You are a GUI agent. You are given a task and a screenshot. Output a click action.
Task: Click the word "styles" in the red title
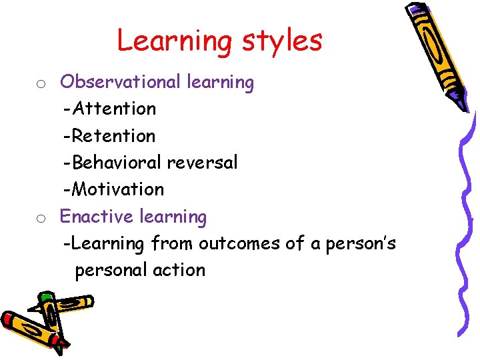tap(282, 41)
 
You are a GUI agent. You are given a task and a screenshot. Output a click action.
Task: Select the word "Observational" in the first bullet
tap(121, 82)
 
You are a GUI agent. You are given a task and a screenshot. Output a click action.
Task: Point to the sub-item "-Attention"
tap(109, 109)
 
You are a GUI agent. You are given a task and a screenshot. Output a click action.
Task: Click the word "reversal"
tap(202, 163)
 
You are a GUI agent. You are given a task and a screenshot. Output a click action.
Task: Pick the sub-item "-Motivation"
tap(113, 189)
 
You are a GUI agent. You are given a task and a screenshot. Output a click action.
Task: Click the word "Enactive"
tap(97, 217)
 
